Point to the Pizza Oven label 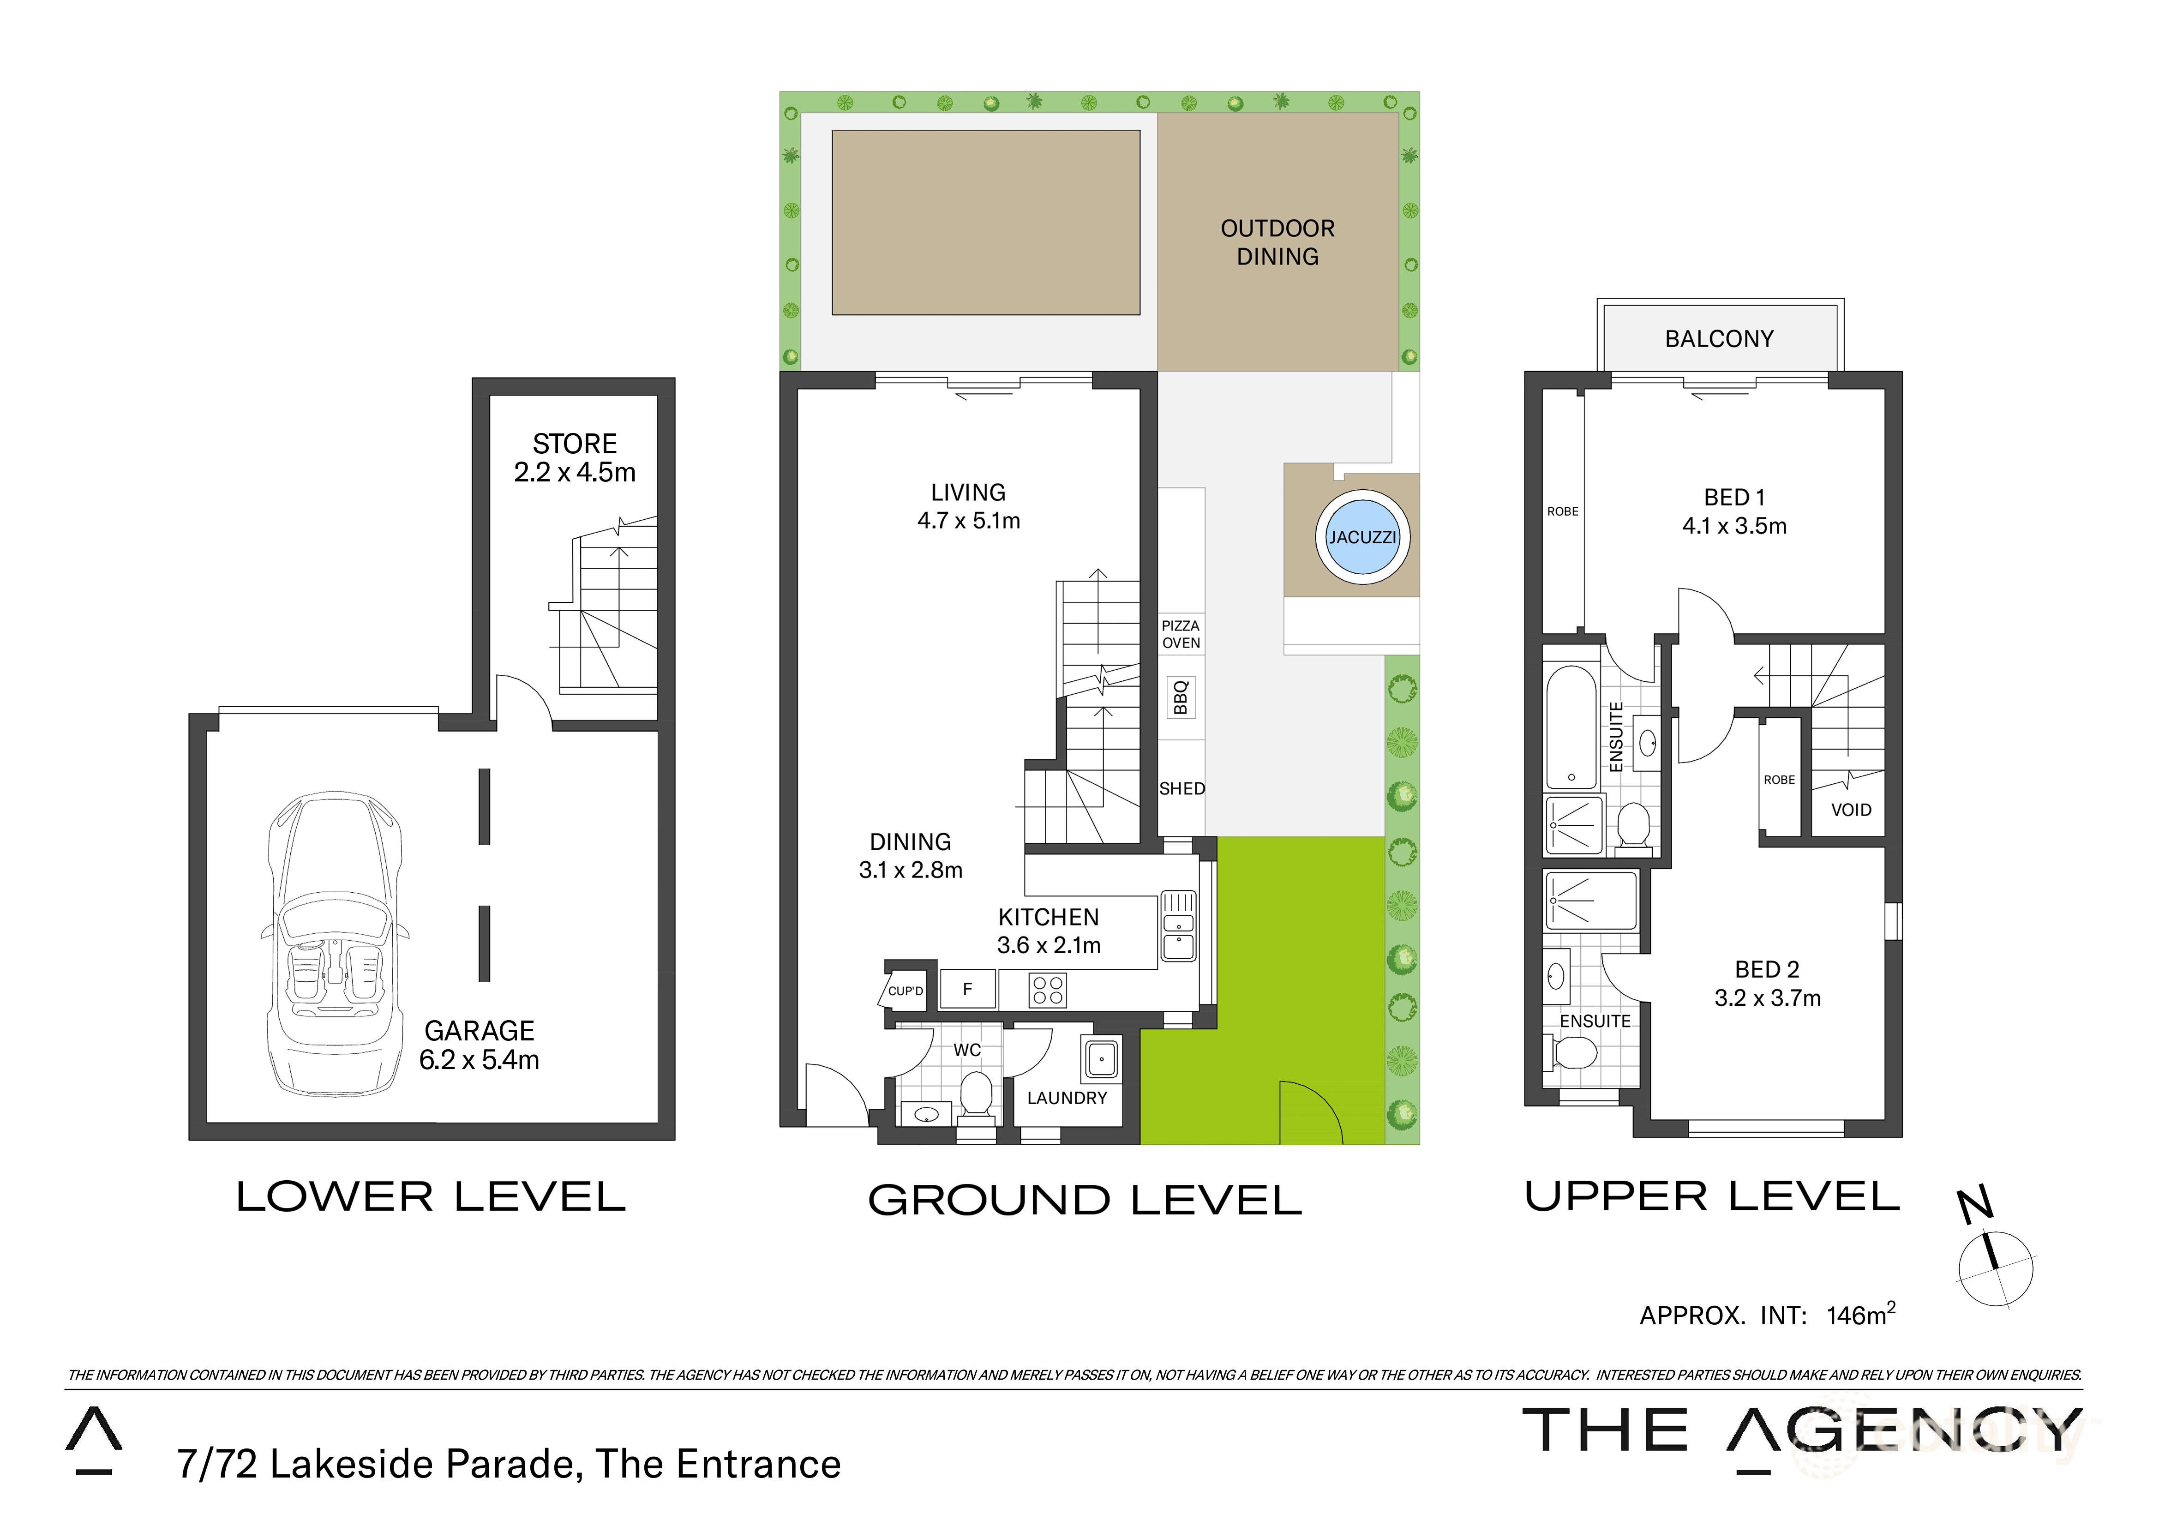(x=1181, y=634)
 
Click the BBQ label (x=1181, y=697)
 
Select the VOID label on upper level (x=1851, y=810)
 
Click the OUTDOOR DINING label (x=1277, y=243)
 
